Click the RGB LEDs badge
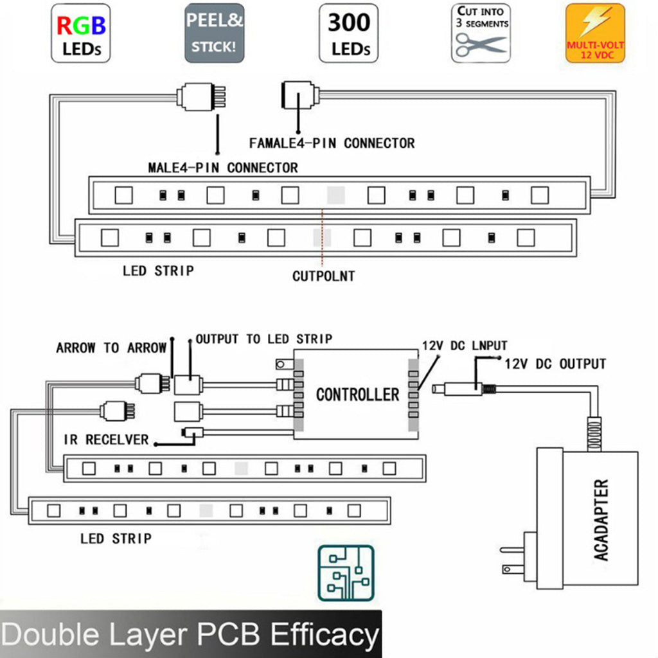(81, 33)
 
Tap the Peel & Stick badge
(215, 33)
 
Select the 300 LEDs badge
(348, 33)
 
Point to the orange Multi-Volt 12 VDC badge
(595, 33)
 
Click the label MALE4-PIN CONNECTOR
(223, 168)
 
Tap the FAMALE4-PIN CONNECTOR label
(332, 143)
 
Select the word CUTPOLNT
(323, 276)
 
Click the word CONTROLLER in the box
(357, 394)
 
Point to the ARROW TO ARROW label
(111, 348)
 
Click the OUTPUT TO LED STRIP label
(263, 339)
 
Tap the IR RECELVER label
(106, 440)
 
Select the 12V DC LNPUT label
(461, 345)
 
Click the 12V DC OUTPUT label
(555, 364)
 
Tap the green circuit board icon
(346, 573)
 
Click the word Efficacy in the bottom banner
(325, 635)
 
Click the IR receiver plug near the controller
(191, 432)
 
